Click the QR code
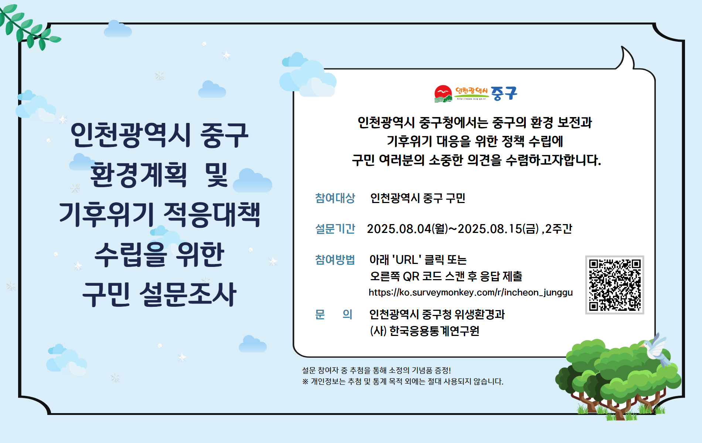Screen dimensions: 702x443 point(615,285)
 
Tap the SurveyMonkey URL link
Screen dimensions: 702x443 point(470,292)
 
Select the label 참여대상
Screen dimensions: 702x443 point(335,198)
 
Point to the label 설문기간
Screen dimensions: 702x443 point(335,229)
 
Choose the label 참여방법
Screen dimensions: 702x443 point(335,260)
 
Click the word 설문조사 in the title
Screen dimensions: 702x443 point(188,294)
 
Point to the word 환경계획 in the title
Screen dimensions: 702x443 point(139,175)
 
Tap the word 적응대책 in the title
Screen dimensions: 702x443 point(212,214)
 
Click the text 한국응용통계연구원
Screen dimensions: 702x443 point(434,331)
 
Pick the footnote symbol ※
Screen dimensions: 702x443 point(305,381)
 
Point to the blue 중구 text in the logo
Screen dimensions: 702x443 point(504,93)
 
